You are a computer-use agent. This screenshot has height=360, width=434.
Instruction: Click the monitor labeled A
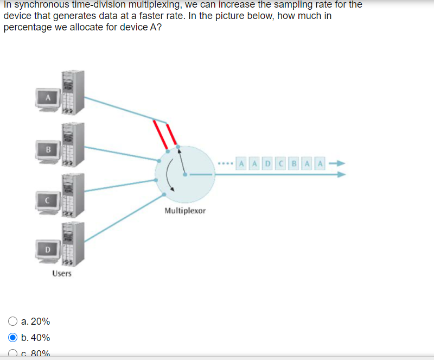[48, 98]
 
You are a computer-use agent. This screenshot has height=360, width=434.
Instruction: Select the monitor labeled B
[48, 149]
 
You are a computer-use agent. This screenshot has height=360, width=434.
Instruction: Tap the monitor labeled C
[48, 199]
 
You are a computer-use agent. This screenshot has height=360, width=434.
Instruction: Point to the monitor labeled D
[48, 249]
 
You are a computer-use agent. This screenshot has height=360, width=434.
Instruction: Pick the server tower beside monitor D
[72, 245]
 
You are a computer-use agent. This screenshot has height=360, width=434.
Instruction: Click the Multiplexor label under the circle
[185, 210]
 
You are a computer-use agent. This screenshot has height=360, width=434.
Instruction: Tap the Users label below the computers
[62, 273]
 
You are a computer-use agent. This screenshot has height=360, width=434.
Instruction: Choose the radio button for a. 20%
[12, 321]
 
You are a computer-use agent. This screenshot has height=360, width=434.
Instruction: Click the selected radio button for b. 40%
[12, 337]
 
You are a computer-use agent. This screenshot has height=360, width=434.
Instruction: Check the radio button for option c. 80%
[12, 353]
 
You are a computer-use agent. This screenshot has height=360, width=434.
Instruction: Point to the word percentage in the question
[25, 27]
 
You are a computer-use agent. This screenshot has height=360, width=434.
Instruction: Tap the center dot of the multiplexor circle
[185, 175]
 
